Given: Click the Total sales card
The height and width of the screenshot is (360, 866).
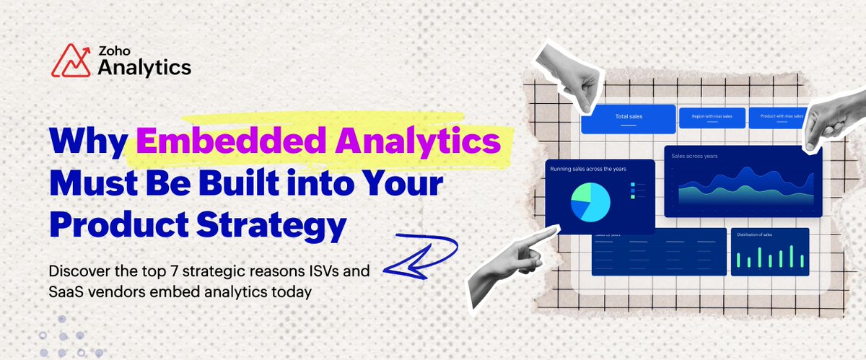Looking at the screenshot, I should pos(628,118).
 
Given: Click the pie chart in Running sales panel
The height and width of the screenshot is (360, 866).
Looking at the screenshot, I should pos(590,201).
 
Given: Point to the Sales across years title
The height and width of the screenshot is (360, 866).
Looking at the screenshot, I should pos(695,156).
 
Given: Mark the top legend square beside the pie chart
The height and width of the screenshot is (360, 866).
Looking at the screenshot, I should pos(633,185).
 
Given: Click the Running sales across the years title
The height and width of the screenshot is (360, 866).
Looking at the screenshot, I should pos(588,169).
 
